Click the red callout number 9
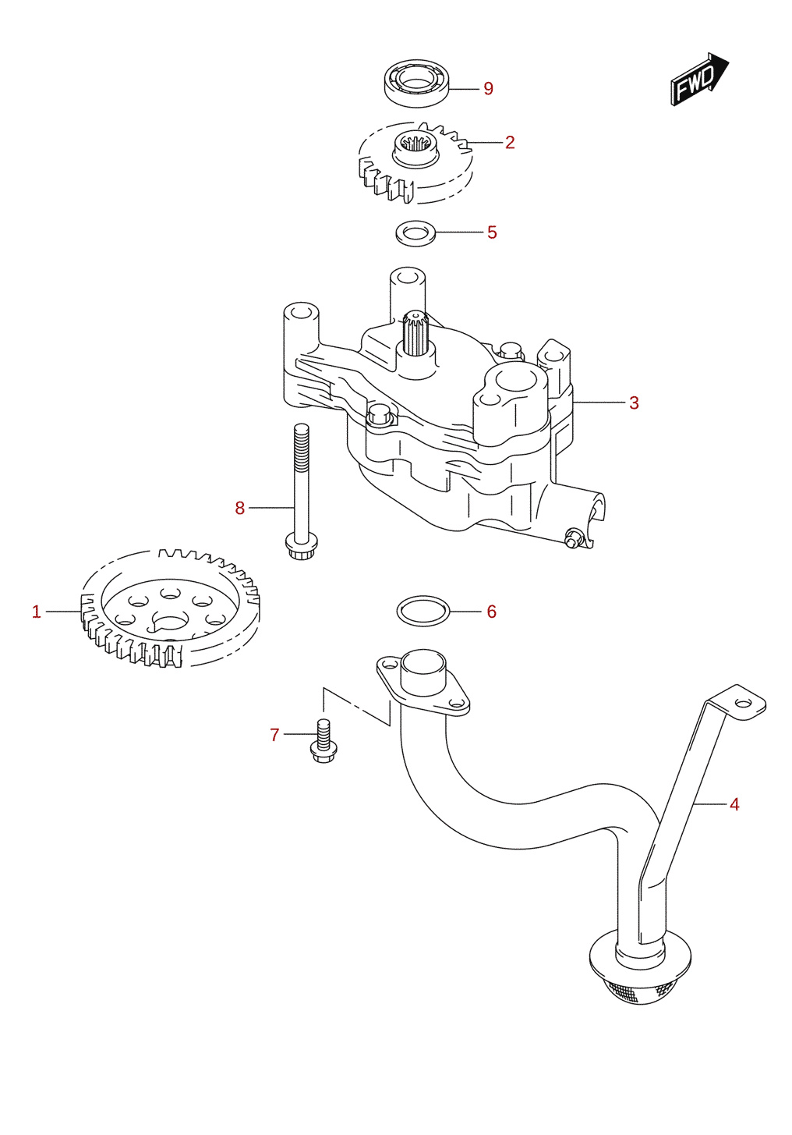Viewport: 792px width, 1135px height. (x=488, y=89)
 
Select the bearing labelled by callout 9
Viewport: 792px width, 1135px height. (x=416, y=83)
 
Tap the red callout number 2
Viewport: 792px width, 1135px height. (x=510, y=143)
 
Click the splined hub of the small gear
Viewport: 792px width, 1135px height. (x=415, y=148)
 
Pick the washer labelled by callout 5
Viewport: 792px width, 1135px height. (x=415, y=233)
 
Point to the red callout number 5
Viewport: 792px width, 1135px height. (x=492, y=232)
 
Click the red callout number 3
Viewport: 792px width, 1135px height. (x=634, y=403)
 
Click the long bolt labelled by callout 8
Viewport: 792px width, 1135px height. (x=302, y=491)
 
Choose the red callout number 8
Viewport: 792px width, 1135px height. (x=239, y=508)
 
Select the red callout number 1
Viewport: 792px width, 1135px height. (x=36, y=612)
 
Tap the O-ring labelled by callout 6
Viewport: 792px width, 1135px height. (x=423, y=611)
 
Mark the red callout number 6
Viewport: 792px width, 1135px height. (x=491, y=612)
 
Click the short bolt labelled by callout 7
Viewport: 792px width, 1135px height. (x=323, y=741)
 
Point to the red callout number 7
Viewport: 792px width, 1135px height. (x=274, y=734)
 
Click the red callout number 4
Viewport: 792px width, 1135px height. (x=734, y=804)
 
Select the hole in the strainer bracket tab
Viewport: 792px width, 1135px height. (x=743, y=704)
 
